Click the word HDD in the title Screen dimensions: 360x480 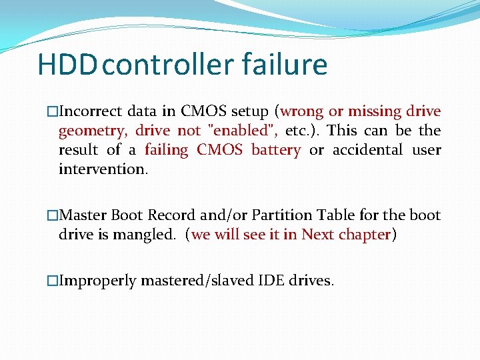pyautogui.click(x=69, y=65)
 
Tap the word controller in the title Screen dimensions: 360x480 pyautogui.click(x=167, y=65)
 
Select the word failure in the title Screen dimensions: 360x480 pyautogui.click(x=285, y=65)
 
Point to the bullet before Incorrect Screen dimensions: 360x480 pyautogui.click(x=53, y=111)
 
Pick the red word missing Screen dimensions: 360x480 pyautogui.click(x=372, y=111)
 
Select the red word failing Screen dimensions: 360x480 pyautogui.click(x=167, y=150)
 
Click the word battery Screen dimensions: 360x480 pyautogui.click(x=275, y=150)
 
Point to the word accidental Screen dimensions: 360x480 pyautogui.click(x=367, y=150)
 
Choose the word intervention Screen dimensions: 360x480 pyautogui.click(x=101, y=169)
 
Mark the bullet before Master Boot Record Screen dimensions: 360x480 pyautogui.click(x=53, y=215)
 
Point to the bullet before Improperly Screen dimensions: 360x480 pyautogui.click(x=53, y=281)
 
